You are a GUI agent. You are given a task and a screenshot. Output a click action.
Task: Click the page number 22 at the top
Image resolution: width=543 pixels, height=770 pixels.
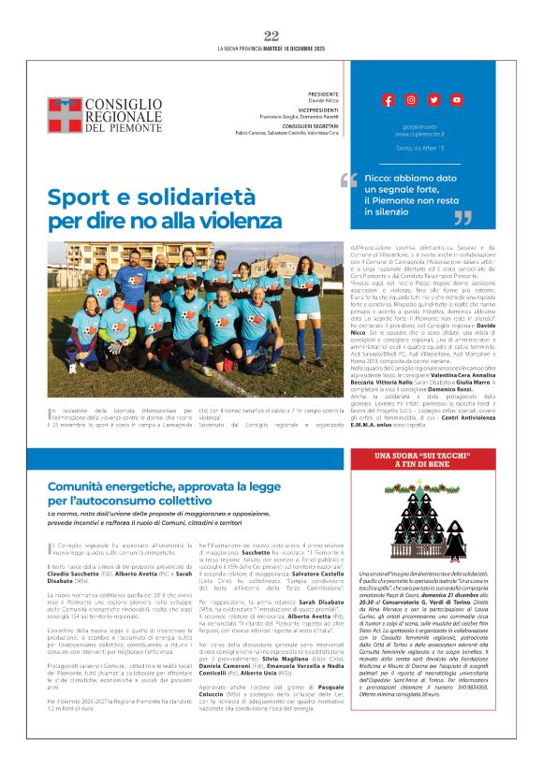click(271, 36)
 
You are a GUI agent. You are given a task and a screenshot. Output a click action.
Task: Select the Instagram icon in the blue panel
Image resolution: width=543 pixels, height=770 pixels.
click(411, 99)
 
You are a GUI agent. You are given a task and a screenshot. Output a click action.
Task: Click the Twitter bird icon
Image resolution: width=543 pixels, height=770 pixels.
click(433, 99)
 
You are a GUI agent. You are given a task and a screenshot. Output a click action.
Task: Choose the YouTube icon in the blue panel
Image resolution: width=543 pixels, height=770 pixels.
click(456, 99)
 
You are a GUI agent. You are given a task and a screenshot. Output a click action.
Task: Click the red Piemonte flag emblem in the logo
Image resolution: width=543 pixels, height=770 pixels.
click(65, 115)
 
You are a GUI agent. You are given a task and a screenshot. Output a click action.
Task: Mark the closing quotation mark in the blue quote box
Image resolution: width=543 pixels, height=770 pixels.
click(462, 218)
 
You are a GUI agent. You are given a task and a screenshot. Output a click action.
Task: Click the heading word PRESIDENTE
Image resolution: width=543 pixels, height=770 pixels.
click(323, 94)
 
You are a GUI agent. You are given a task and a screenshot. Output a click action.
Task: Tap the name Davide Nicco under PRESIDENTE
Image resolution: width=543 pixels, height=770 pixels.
click(323, 101)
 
